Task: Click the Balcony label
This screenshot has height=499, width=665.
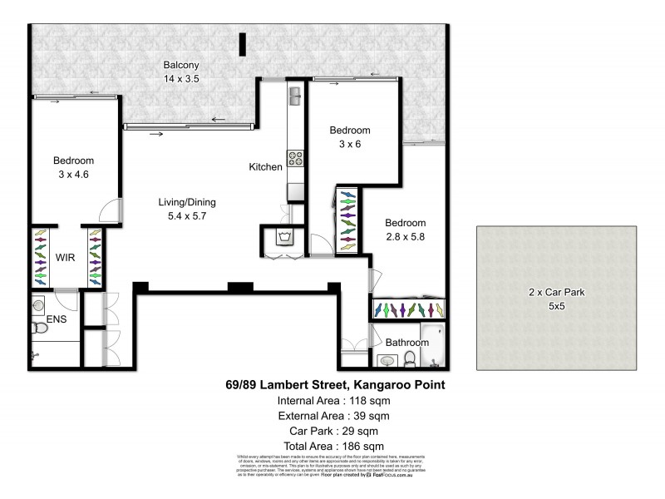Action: tap(180, 65)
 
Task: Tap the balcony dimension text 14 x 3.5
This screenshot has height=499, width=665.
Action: tap(180, 79)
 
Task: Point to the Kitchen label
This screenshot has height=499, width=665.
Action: tap(266, 167)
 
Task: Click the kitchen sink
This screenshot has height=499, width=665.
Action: tap(295, 97)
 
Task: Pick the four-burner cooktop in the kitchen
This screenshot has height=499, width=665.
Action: tap(296, 156)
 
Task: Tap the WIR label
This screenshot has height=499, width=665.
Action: tap(66, 258)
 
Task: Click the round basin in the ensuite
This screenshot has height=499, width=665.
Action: tap(39, 304)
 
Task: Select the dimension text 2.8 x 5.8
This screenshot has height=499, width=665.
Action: tap(406, 237)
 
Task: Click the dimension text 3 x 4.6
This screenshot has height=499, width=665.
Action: tap(74, 175)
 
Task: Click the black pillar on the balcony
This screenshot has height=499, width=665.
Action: tap(242, 44)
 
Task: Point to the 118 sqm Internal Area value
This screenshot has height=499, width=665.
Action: tap(369, 400)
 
